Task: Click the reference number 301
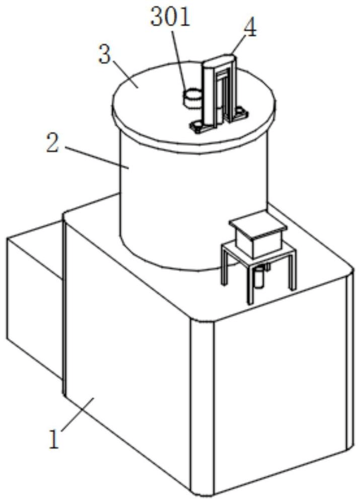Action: point(170,17)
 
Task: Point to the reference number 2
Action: point(53,144)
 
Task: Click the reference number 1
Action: point(54,439)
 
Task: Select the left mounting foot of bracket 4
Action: point(200,126)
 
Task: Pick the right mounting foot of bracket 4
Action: point(240,113)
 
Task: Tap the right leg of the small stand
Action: point(292,271)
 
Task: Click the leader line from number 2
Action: point(97,157)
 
